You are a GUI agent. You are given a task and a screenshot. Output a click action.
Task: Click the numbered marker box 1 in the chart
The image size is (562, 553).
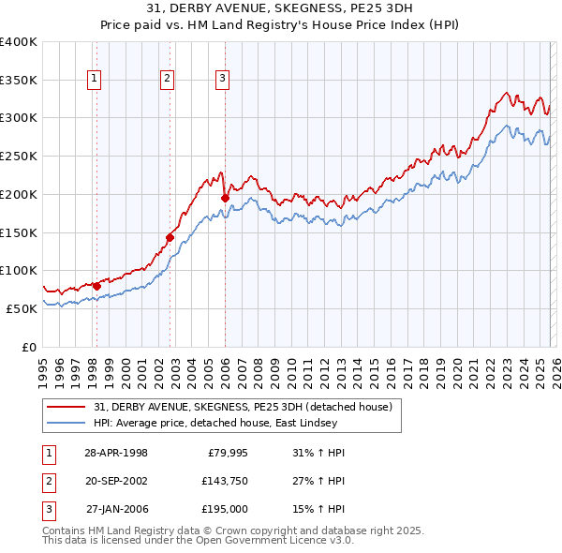[96, 79]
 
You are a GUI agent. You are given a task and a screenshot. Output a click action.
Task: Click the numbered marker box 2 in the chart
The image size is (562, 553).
[167, 79]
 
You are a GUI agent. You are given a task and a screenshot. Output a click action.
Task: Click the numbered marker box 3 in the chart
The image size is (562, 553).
[223, 79]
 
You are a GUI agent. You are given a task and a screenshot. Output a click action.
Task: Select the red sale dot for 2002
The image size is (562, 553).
[170, 237]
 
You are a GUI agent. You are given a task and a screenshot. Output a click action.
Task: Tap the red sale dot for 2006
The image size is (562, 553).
[225, 198]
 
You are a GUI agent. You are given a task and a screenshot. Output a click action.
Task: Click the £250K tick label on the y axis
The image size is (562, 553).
[18, 156]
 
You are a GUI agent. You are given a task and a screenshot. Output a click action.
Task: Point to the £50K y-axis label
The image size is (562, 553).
[21, 308]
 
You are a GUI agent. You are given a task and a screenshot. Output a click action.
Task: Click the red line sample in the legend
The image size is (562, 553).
[67, 407]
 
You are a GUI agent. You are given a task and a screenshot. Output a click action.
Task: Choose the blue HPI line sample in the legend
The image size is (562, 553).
[67, 423]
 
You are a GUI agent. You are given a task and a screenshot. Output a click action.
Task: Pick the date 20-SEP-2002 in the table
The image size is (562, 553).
[116, 481]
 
